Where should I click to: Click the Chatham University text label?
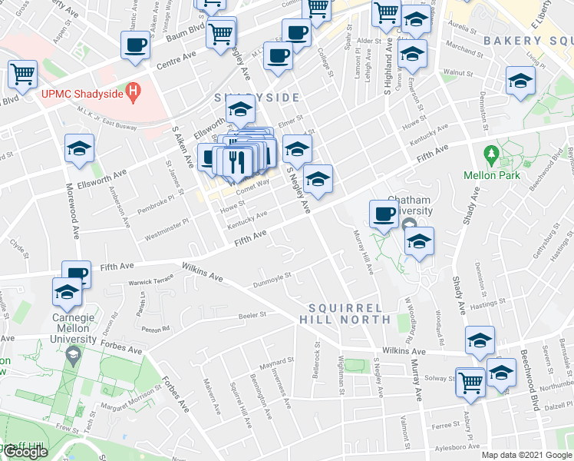point(410,205)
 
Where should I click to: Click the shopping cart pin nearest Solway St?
point(470,381)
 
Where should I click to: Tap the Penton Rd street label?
point(156,328)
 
